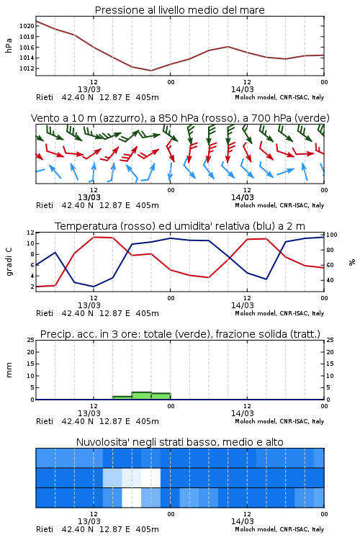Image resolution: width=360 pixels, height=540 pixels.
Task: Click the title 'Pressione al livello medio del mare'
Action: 179,10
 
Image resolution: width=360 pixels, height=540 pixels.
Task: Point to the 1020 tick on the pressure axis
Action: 27,26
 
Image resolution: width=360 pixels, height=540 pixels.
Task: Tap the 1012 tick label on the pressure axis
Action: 27,68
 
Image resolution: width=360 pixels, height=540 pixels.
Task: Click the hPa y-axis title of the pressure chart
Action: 9,45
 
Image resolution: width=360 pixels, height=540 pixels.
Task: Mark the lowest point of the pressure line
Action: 151,71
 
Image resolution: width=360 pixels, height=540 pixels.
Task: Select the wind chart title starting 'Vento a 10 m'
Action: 180,118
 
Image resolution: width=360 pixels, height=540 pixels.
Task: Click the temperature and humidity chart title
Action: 180,226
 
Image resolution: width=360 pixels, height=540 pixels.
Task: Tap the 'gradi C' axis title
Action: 9,261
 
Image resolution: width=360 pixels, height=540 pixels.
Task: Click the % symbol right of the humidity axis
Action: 352,262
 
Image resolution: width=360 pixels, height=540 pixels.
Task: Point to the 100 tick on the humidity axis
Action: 332,235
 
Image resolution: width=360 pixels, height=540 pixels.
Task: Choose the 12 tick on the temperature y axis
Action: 31,233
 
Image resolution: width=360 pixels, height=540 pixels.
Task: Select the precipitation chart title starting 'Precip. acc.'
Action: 180,334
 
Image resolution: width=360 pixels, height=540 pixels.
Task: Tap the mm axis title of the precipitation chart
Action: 9,369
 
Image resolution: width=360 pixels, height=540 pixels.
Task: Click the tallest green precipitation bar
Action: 142,396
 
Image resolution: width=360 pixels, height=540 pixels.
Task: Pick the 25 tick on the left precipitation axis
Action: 31,341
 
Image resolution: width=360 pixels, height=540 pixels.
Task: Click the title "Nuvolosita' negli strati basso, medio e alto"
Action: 179,442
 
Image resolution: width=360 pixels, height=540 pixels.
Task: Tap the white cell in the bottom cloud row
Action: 132,498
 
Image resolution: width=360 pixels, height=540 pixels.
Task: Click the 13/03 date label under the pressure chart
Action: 89,89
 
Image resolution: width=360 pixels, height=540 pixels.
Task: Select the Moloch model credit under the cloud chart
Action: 279,529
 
